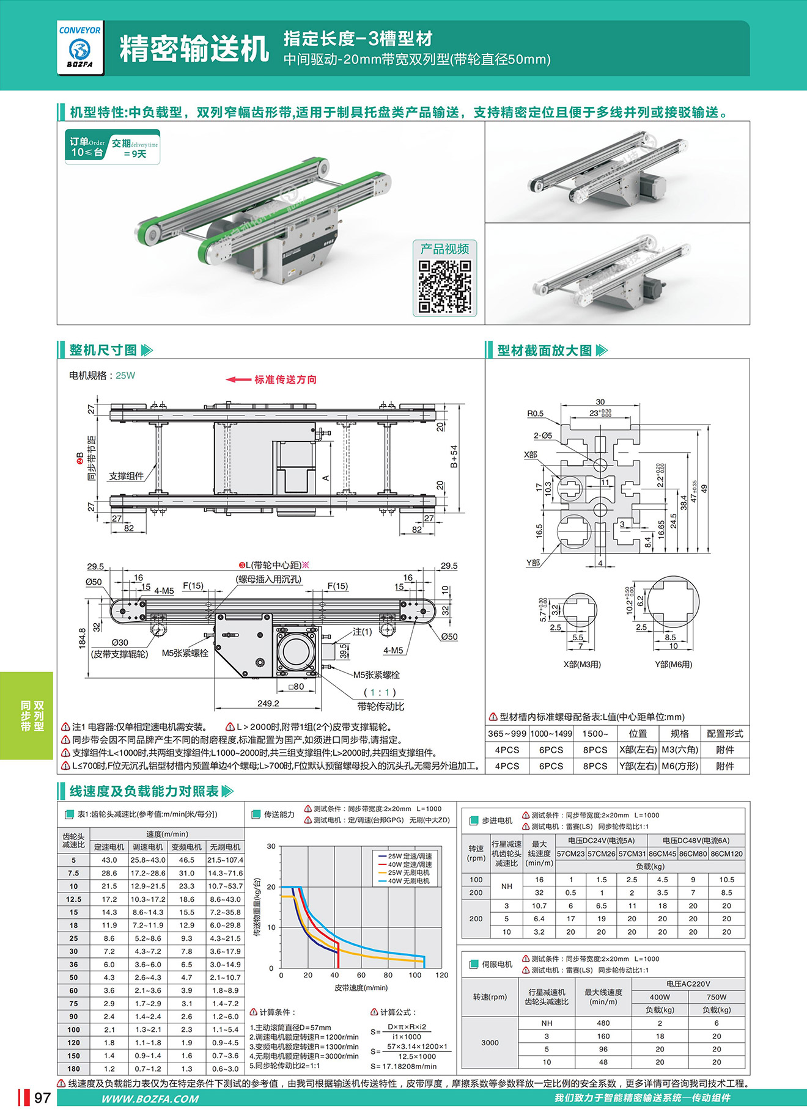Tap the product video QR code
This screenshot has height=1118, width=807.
tap(444, 287)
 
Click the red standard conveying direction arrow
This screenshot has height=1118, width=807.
tap(238, 379)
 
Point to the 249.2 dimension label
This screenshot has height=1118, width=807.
tap(268, 703)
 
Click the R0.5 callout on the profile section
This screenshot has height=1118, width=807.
tap(536, 414)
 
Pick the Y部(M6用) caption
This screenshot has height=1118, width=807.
tap(673, 664)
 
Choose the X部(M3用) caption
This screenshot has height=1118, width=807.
tap(582, 664)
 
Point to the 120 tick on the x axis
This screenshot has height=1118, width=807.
tap(441, 975)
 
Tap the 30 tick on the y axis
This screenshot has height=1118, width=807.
tap(271, 847)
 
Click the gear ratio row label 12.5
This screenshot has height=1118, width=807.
tap(73, 899)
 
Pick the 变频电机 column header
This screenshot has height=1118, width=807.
tap(186, 847)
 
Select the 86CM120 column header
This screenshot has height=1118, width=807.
tap(726, 853)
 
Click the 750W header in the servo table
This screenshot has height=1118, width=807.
tap(717, 997)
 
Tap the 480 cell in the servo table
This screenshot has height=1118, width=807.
tap(603, 1023)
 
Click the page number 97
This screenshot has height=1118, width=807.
tap(42, 1098)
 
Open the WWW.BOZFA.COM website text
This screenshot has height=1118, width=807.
tap(150, 1098)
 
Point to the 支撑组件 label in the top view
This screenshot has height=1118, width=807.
tap(127, 476)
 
